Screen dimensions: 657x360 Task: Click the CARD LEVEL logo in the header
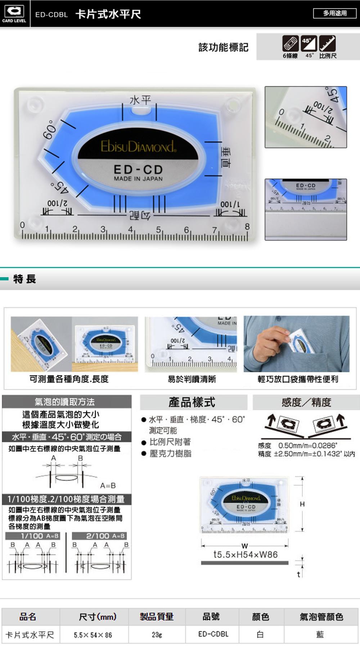click(x=14, y=13)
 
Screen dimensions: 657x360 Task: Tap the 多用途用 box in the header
click(x=334, y=13)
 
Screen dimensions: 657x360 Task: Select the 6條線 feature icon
click(x=290, y=44)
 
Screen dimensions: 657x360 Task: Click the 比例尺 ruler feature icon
click(x=327, y=44)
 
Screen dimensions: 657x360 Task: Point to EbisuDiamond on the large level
click(x=138, y=146)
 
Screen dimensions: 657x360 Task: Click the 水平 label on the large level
click(x=140, y=100)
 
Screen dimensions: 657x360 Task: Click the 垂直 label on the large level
click(x=226, y=157)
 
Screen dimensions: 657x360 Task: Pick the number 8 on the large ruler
click(x=247, y=227)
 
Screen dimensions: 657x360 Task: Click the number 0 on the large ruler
click(x=22, y=225)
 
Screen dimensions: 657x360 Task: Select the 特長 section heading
click(x=24, y=279)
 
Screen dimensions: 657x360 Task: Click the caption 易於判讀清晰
click(x=192, y=379)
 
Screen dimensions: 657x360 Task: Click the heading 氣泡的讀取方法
click(x=65, y=402)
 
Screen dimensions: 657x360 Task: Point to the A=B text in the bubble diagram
click(x=108, y=486)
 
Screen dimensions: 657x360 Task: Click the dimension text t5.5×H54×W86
click(x=245, y=554)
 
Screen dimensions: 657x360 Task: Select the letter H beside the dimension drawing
click(x=302, y=504)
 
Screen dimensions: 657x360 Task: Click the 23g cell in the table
click(x=157, y=635)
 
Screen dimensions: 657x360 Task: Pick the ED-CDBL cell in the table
click(x=213, y=634)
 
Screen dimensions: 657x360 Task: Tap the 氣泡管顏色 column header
click(x=321, y=617)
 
